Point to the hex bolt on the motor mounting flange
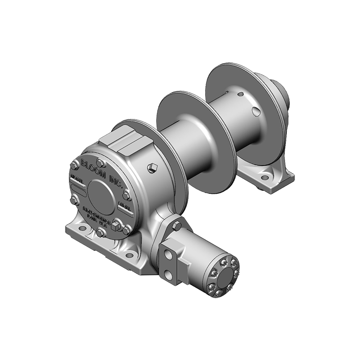point(176,225)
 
